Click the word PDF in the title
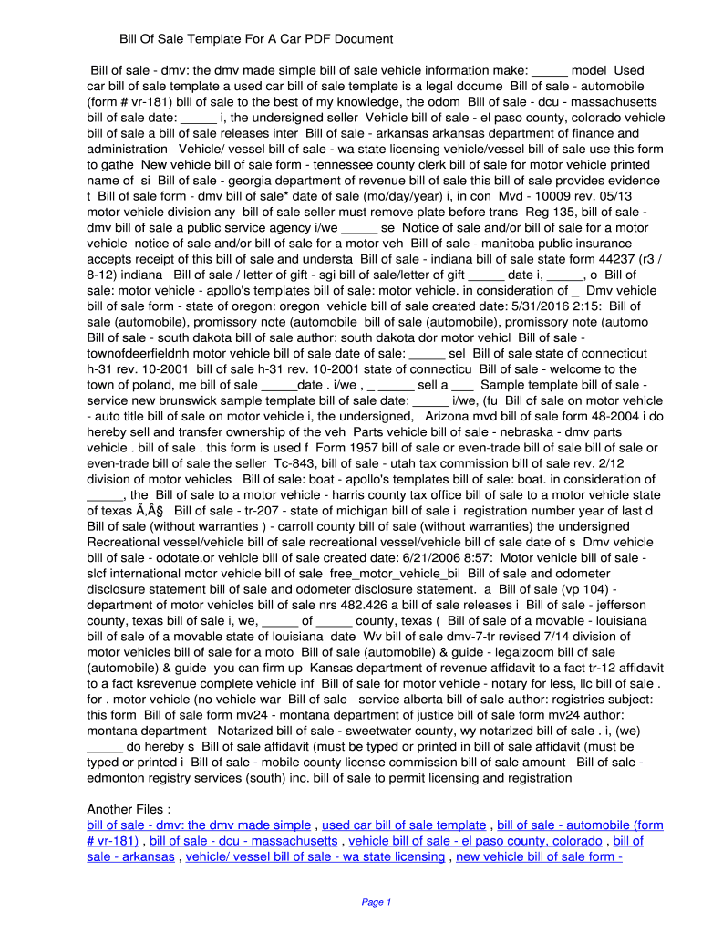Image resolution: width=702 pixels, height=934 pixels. coord(322,39)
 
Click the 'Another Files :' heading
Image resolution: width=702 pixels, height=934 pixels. coord(129,809)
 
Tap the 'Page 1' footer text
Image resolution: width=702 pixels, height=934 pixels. coord(377,902)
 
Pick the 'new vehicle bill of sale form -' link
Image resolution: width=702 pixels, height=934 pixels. coord(539,856)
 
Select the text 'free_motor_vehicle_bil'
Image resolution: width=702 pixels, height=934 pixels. coord(394,574)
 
